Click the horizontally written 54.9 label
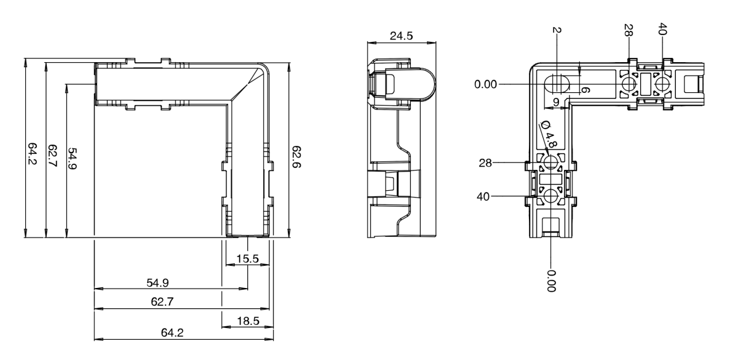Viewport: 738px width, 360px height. tap(157, 282)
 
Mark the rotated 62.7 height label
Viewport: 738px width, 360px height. tap(52, 157)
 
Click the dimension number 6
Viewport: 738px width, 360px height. tap(585, 90)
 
